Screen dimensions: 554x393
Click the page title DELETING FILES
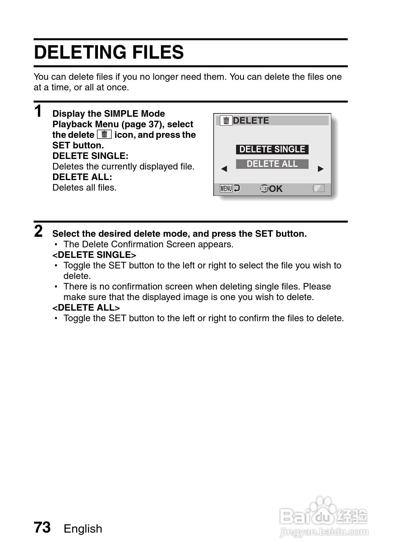(109, 52)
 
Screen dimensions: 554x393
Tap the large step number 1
(39, 111)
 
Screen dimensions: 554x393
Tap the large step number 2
(39, 231)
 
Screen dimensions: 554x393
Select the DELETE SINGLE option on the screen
(272, 149)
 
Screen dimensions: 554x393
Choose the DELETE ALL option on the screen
(272, 164)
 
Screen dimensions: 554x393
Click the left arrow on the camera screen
(224, 169)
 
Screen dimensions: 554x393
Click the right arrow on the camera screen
(320, 169)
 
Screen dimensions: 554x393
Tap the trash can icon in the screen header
(226, 121)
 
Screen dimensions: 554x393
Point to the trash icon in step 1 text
(105, 135)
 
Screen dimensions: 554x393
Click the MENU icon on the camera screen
(226, 189)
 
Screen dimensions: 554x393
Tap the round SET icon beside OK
(264, 189)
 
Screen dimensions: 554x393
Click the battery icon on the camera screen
(318, 188)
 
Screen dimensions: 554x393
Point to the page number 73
(42, 527)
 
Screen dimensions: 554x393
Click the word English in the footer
(83, 529)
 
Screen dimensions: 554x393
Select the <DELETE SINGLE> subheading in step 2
(94, 255)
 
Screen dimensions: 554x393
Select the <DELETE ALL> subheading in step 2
(86, 308)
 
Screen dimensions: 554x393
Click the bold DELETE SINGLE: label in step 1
(90, 156)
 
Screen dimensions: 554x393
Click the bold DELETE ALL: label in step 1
(82, 177)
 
